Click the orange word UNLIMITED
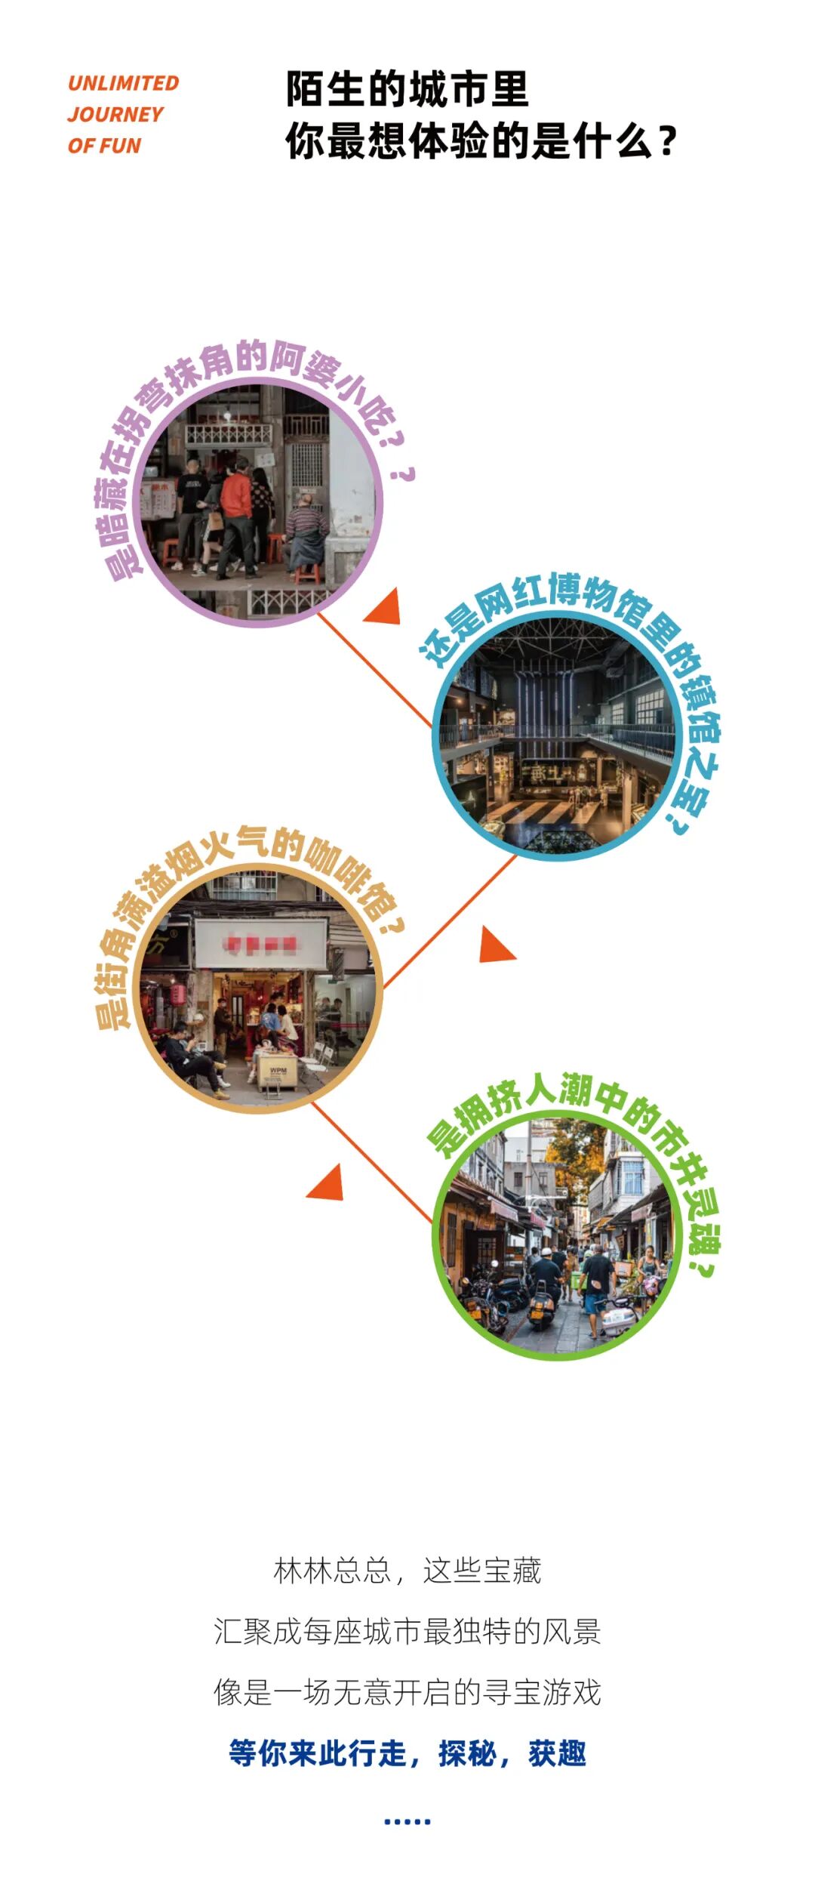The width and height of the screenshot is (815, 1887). click(123, 83)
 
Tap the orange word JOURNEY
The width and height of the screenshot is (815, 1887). click(115, 115)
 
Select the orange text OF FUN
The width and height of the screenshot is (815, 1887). click(104, 146)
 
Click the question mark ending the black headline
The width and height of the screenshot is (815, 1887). click(667, 142)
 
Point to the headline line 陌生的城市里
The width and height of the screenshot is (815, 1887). click(407, 90)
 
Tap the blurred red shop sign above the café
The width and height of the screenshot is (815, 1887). click(260, 943)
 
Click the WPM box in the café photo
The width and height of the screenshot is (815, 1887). click(277, 1071)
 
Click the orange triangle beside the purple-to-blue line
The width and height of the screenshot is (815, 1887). click(386, 609)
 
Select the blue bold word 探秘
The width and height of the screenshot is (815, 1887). click(467, 1754)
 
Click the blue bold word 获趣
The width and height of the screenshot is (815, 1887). click(557, 1754)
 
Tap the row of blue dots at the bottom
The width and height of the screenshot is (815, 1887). click(407, 1822)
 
